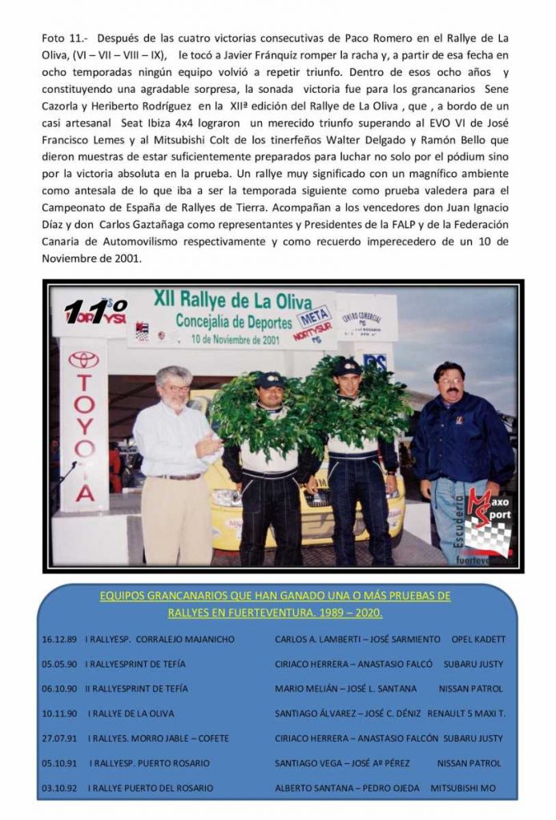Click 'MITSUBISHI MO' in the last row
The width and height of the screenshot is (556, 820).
click(463, 788)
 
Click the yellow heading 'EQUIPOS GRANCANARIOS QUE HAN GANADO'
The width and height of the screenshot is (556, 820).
click(275, 597)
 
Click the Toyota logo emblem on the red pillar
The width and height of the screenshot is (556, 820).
click(83, 360)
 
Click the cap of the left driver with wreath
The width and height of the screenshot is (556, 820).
click(269, 379)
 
